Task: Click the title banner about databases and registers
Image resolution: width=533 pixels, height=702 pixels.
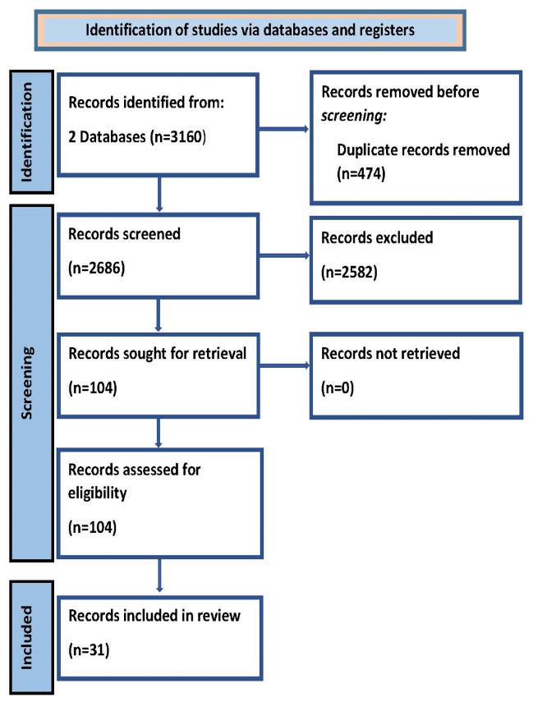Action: tap(250, 30)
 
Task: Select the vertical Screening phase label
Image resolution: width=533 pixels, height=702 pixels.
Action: tap(30, 383)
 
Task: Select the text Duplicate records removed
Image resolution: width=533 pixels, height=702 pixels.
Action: tap(424, 150)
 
